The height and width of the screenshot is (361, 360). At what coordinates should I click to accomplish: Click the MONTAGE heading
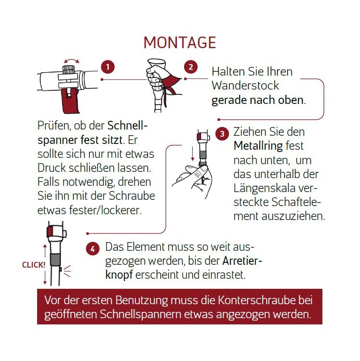click(180, 42)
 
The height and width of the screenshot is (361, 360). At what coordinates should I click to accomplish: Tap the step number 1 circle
click(108, 67)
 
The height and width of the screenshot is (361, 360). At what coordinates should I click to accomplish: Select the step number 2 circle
click(191, 67)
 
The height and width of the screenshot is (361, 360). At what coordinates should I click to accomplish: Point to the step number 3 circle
click(222, 134)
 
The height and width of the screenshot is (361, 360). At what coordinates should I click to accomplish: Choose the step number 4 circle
click(93, 248)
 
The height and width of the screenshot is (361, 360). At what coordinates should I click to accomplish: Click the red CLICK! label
click(34, 265)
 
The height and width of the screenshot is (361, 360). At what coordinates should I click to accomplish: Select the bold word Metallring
click(258, 146)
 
